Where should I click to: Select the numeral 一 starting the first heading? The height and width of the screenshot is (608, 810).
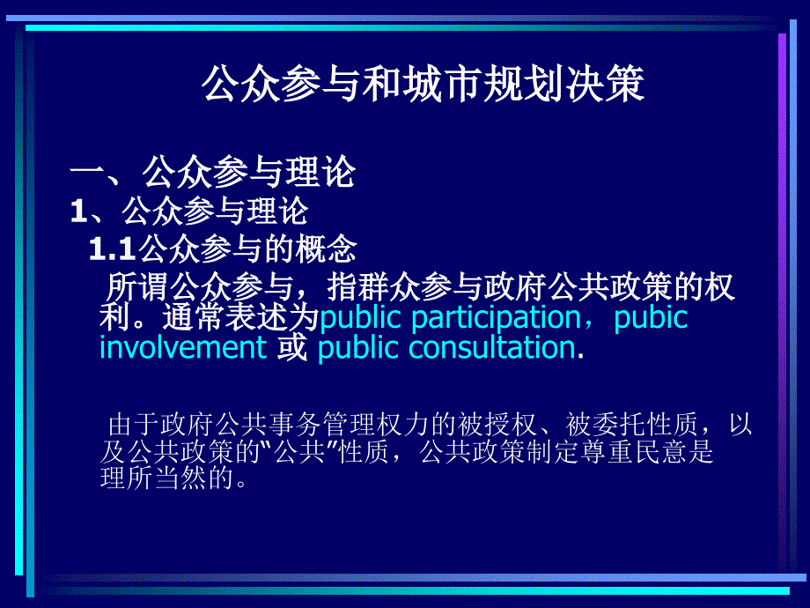tap(88, 173)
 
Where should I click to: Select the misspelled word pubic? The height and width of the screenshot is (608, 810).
tap(651, 317)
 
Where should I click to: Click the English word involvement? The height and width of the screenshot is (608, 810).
tap(182, 347)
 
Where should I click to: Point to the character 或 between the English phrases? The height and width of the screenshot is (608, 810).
tap(291, 347)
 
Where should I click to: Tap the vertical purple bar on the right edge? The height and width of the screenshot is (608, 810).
tap(782, 300)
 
